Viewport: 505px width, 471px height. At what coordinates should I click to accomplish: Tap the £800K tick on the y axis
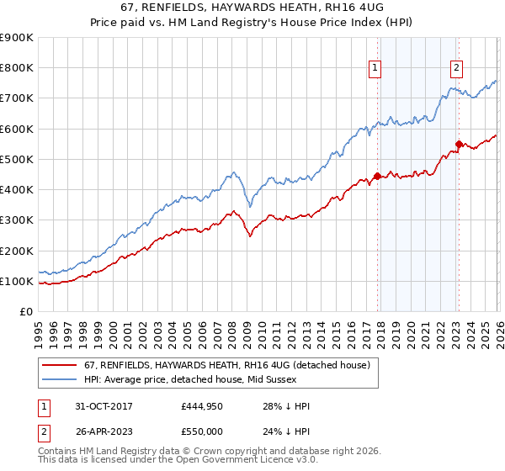tap(16, 68)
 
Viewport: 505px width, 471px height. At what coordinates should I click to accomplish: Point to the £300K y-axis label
tap(16, 220)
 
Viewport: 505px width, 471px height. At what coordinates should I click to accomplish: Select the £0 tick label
tap(25, 312)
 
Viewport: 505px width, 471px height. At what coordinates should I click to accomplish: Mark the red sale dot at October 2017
tap(377, 176)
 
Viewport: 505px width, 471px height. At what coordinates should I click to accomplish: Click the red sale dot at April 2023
tap(459, 144)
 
